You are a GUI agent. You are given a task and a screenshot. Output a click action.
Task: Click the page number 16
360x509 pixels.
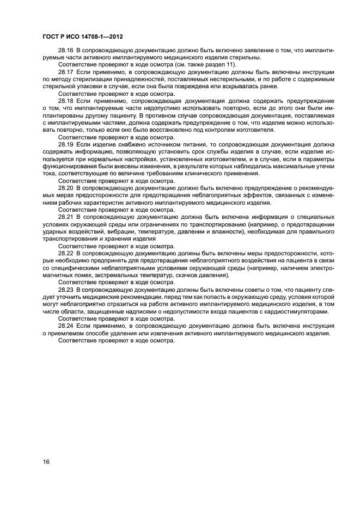[46, 462]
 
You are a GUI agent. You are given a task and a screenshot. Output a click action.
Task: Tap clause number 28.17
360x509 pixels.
[65, 72]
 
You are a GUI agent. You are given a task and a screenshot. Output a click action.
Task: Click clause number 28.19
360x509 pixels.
[65, 144]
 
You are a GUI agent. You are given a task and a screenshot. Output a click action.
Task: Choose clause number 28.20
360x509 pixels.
[65, 187]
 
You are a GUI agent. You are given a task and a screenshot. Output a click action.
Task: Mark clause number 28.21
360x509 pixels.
[65, 217]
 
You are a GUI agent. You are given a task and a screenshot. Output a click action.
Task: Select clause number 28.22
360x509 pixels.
[65, 253]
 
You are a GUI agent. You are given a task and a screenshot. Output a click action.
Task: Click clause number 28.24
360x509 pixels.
[65, 326]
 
